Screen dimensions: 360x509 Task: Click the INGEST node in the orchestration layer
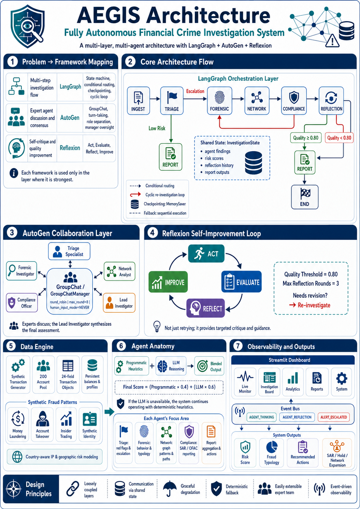(x=138, y=101)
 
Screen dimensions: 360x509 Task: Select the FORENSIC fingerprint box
(x=219, y=101)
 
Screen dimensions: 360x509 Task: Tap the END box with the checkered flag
(x=305, y=197)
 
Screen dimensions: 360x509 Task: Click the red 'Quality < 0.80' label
(x=339, y=138)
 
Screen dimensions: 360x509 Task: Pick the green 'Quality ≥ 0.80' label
(x=306, y=138)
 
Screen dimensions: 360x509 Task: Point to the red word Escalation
(x=195, y=91)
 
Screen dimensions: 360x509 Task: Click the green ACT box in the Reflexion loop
(x=206, y=253)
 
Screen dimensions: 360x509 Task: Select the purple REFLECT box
(x=205, y=308)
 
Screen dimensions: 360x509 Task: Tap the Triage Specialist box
(x=69, y=251)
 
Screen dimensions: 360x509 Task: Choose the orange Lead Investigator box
(x=119, y=303)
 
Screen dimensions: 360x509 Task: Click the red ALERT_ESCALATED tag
(x=333, y=417)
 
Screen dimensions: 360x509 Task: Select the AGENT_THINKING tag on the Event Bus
(x=261, y=417)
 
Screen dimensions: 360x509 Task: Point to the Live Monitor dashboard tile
(x=245, y=382)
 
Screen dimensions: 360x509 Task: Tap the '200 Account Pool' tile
(x=43, y=374)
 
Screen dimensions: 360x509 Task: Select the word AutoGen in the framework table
(x=70, y=118)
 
